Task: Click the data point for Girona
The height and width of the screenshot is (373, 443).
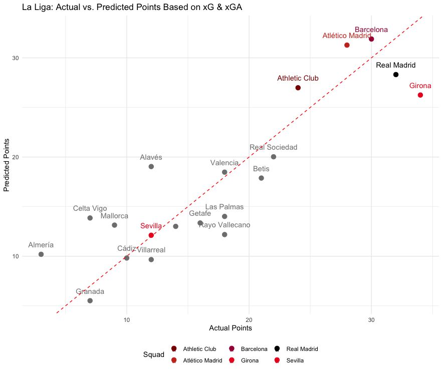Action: click(x=420, y=95)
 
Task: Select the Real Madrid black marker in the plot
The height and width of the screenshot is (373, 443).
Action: click(x=396, y=75)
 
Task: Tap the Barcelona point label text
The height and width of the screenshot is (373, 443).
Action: click(x=371, y=30)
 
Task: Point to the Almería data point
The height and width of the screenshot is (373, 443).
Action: click(x=41, y=254)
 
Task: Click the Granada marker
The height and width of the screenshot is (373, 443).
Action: click(x=90, y=300)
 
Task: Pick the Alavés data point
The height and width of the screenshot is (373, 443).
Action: click(x=151, y=166)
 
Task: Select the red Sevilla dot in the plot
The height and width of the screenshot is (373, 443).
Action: click(x=151, y=235)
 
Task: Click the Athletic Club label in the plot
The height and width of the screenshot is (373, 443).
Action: click(x=298, y=79)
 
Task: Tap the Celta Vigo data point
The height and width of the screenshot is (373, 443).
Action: click(x=90, y=218)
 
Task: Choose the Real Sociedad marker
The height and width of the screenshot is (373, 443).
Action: click(x=274, y=157)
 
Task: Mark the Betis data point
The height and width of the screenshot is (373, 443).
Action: click(x=261, y=178)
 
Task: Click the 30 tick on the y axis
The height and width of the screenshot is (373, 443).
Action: click(x=16, y=58)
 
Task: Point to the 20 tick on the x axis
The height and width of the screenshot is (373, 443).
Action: click(x=249, y=320)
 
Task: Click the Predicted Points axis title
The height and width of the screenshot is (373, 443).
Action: click(x=7, y=166)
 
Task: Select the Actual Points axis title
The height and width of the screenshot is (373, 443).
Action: click(x=230, y=328)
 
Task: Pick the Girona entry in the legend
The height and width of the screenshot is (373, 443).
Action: click(x=249, y=360)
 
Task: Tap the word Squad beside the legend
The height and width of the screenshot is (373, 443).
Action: click(x=154, y=354)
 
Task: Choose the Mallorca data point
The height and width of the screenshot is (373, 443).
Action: click(x=114, y=225)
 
